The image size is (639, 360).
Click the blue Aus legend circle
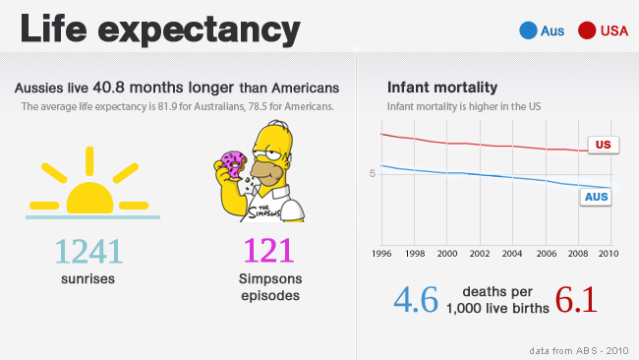(528, 30)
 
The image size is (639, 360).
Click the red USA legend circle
(587, 30)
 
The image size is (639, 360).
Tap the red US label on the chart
(604, 145)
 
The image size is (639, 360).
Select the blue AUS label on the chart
(596, 197)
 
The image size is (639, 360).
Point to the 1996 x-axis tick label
(381, 254)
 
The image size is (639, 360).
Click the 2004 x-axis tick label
(512, 254)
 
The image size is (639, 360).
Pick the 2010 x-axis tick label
(609, 254)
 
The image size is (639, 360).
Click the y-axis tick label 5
(372, 174)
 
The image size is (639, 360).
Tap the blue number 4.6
(416, 300)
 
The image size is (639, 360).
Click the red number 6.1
(576, 300)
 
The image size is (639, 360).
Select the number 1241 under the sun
(88, 252)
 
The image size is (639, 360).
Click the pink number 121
(268, 251)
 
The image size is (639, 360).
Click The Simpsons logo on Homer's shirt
(264, 212)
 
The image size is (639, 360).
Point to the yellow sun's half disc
(89, 199)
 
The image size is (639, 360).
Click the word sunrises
(88, 279)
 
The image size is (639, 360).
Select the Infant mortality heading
(442, 88)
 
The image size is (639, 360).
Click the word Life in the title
(53, 29)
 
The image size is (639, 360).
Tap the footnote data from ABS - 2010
(579, 350)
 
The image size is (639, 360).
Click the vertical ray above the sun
(89, 161)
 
